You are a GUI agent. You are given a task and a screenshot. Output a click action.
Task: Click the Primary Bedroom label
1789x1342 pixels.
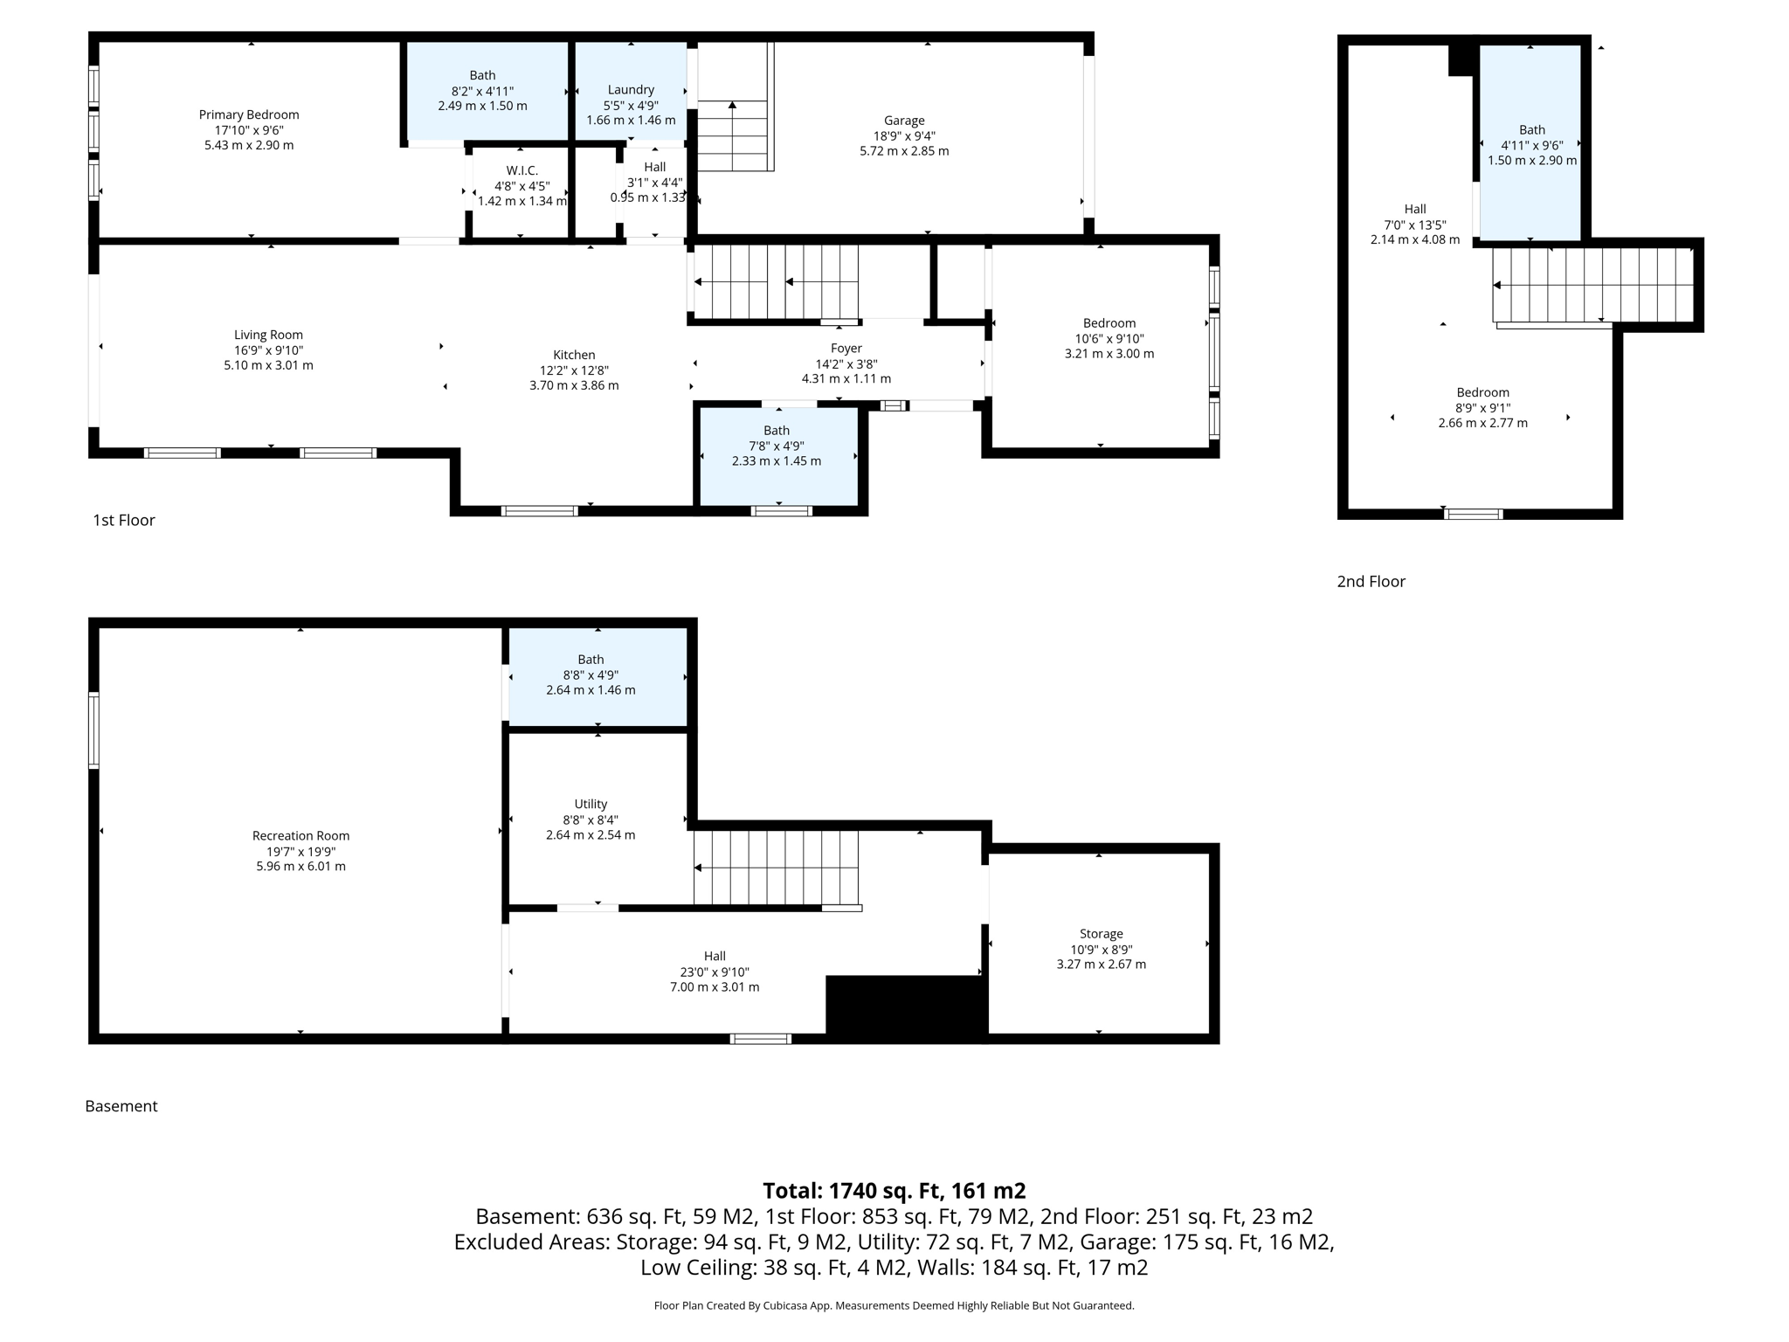tap(249, 114)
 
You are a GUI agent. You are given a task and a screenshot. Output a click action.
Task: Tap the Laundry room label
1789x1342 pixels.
tap(631, 90)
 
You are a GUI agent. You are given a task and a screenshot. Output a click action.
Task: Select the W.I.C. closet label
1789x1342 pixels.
tap(522, 170)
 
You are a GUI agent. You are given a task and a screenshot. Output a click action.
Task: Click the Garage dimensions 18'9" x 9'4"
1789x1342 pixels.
tap(904, 136)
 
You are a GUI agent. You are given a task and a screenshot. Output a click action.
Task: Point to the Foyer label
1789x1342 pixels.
tap(846, 349)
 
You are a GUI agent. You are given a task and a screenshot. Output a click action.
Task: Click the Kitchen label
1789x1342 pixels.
tap(574, 355)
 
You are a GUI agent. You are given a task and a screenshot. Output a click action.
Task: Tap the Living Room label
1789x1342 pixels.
tap(268, 335)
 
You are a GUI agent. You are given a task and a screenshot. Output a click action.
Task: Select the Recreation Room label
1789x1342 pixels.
tap(300, 836)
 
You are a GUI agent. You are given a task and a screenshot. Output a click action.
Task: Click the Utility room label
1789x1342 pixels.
tap(591, 804)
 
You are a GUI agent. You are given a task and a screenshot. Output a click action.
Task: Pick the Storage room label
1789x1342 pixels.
tap(1101, 934)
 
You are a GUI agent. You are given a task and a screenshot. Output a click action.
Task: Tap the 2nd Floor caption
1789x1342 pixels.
tap(1371, 582)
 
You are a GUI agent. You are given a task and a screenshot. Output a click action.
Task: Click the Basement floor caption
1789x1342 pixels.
tap(121, 1106)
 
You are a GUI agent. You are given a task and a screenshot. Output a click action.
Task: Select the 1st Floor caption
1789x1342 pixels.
tap(124, 521)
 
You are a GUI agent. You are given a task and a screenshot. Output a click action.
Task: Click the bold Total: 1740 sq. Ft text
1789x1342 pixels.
tap(894, 1191)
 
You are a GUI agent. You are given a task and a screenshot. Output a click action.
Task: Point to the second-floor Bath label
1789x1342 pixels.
tap(1531, 130)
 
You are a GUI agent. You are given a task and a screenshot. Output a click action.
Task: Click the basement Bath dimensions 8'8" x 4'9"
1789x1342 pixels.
tap(591, 675)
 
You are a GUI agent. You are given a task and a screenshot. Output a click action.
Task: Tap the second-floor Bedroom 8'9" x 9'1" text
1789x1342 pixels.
tap(1482, 408)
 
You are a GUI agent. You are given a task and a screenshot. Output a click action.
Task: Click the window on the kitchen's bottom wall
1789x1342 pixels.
tap(539, 511)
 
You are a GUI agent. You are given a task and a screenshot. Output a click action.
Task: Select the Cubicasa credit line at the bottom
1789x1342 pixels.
tap(894, 1306)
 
